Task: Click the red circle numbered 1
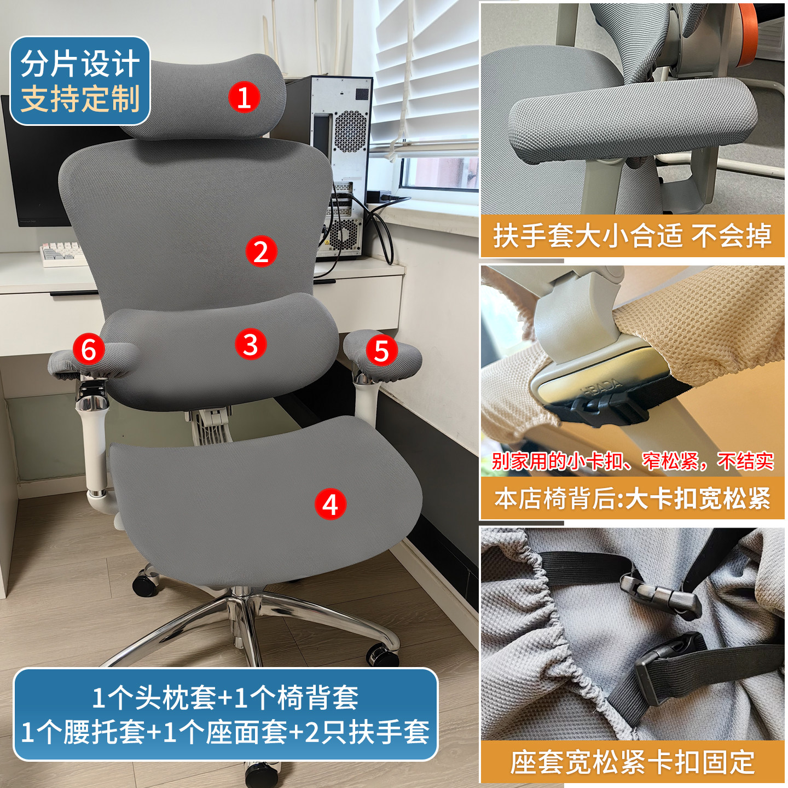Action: tap(244, 97)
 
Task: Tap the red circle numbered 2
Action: tap(261, 251)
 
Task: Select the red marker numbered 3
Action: tap(251, 344)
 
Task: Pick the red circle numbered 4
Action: tap(330, 504)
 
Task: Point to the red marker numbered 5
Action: tap(381, 351)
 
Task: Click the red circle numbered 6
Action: tap(89, 349)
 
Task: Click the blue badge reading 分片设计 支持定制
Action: tap(80, 81)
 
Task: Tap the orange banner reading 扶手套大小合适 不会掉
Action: tap(632, 236)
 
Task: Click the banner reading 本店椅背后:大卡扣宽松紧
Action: tap(632, 499)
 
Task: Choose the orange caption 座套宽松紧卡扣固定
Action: tap(632, 762)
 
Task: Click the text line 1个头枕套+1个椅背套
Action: tap(225, 698)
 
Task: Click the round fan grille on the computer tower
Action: tap(350, 131)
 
